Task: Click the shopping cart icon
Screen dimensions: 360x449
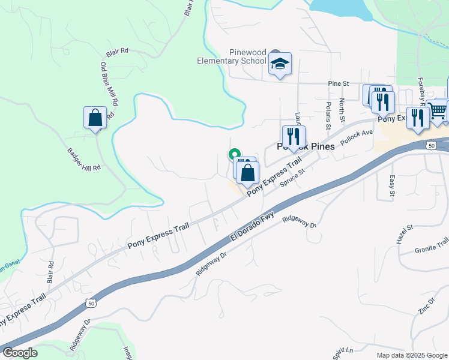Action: tap(438, 111)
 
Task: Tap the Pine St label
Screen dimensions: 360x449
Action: tap(339, 83)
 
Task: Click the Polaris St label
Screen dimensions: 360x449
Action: tap(328, 115)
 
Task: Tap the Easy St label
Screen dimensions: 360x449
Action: tap(391, 185)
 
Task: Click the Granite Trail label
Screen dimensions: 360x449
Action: tap(431, 245)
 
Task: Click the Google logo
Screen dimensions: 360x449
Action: tap(20, 353)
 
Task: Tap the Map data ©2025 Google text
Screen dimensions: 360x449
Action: tap(411, 355)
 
